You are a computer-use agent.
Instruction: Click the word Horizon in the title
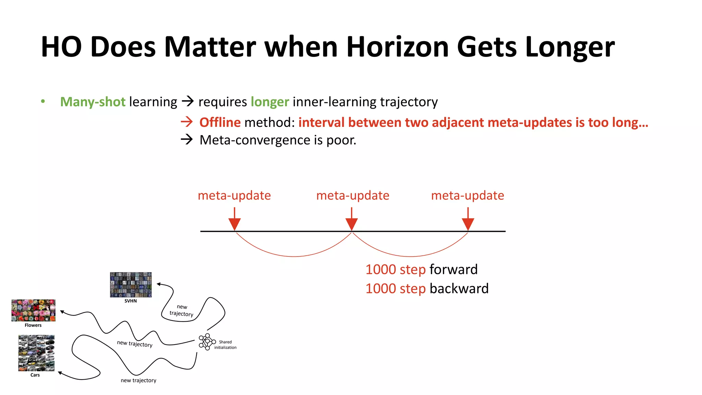(397, 47)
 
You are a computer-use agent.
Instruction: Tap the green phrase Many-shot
(93, 102)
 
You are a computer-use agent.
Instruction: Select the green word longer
(270, 102)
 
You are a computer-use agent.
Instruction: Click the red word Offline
(220, 122)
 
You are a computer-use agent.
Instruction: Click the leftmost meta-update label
(234, 195)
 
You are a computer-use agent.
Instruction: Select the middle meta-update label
(352, 195)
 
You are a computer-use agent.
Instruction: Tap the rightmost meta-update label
(467, 195)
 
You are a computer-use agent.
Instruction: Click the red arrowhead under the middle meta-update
(352, 224)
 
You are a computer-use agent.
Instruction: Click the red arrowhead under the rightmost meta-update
(468, 224)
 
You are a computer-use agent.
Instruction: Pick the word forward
(453, 270)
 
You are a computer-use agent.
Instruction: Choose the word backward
(459, 289)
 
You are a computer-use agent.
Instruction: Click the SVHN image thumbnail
(131, 285)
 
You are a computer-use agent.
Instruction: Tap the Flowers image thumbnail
(33, 310)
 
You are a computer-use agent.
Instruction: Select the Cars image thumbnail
(36, 353)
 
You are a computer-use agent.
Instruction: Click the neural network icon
(207, 342)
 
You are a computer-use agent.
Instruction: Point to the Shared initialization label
(225, 345)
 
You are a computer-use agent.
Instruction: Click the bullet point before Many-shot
(43, 101)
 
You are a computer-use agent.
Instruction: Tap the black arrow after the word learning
(187, 101)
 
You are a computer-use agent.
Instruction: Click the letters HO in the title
(61, 47)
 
